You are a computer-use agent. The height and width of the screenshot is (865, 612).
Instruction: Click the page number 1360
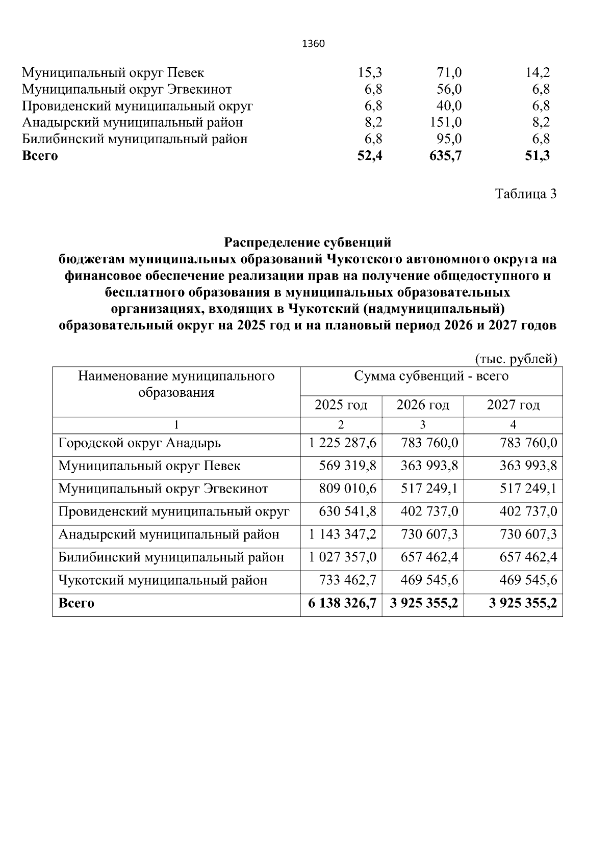pos(313,44)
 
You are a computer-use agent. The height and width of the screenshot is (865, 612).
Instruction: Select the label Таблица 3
pos(525,194)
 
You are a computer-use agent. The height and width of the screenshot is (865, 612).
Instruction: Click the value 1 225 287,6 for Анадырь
pos(342,443)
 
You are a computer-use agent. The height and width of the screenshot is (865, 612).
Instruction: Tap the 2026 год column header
pos(423,406)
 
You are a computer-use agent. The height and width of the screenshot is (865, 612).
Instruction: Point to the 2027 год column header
pos(513,406)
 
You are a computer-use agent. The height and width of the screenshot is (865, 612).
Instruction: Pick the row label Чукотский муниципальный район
pos(163,580)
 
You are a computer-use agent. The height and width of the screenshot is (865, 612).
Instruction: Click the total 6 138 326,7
pos(342,603)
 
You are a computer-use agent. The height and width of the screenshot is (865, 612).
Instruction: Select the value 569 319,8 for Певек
pos(347,466)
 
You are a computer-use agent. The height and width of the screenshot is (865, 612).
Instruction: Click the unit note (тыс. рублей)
pos(516,359)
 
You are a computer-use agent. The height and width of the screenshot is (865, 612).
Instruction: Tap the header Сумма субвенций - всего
pos(431,376)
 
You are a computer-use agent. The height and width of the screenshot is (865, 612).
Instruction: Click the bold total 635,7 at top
pos(445,156)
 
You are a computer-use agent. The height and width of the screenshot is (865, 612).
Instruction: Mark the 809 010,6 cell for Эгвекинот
pos(347,489)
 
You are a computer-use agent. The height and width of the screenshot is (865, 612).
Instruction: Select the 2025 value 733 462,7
pos(347,580)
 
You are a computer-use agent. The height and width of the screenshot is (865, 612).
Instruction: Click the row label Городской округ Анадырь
pos(140,443)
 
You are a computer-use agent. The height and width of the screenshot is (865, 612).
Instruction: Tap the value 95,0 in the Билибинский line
pos(449,139)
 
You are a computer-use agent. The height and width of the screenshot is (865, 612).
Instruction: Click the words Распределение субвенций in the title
pos(308,242)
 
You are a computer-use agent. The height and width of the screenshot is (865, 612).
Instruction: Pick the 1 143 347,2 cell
pos(342,534)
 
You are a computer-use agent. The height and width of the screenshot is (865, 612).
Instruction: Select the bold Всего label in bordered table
pos(76,603)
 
